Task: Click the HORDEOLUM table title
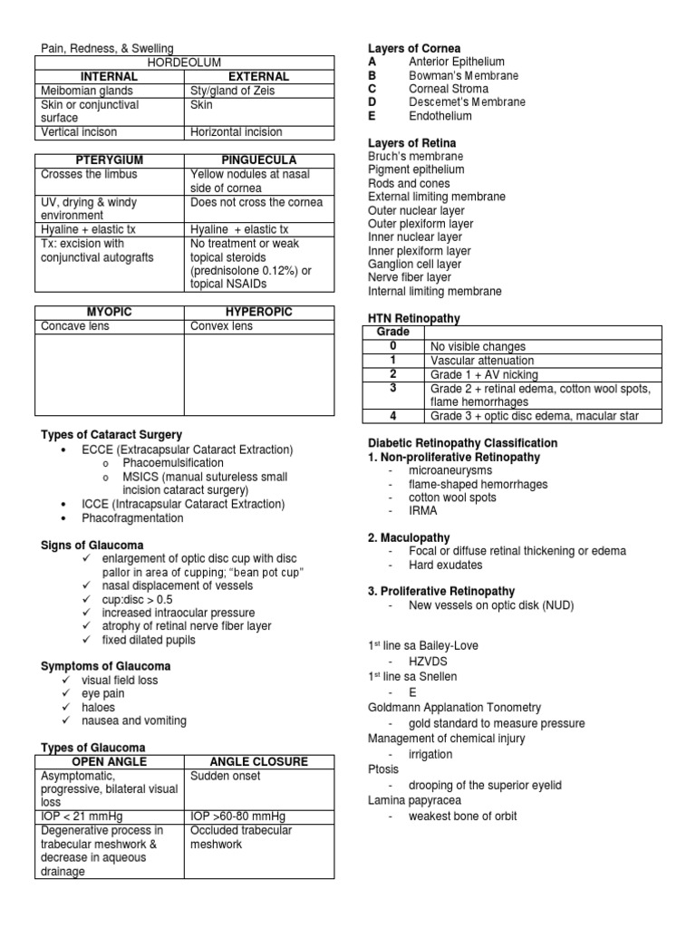(x=184, y=63)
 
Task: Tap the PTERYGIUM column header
(x=109, y=159)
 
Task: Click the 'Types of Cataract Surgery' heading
(x=111, y=435)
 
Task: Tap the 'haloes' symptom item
(x=99, y=707)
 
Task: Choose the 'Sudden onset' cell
(x=225, y=776)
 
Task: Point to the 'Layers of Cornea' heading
(x=413, y=48)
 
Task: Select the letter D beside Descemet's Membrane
(x=372, y=102)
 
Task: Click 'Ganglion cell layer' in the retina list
(x=414, y=265)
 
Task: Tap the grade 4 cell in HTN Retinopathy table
(x=392, y=416)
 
